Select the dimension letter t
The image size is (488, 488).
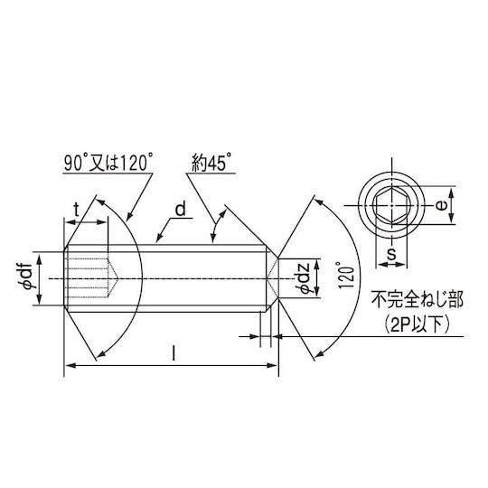(x=76, y=210)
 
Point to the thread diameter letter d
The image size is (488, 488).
(x=181, y=209)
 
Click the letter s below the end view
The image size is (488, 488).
(x=391, y=254)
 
